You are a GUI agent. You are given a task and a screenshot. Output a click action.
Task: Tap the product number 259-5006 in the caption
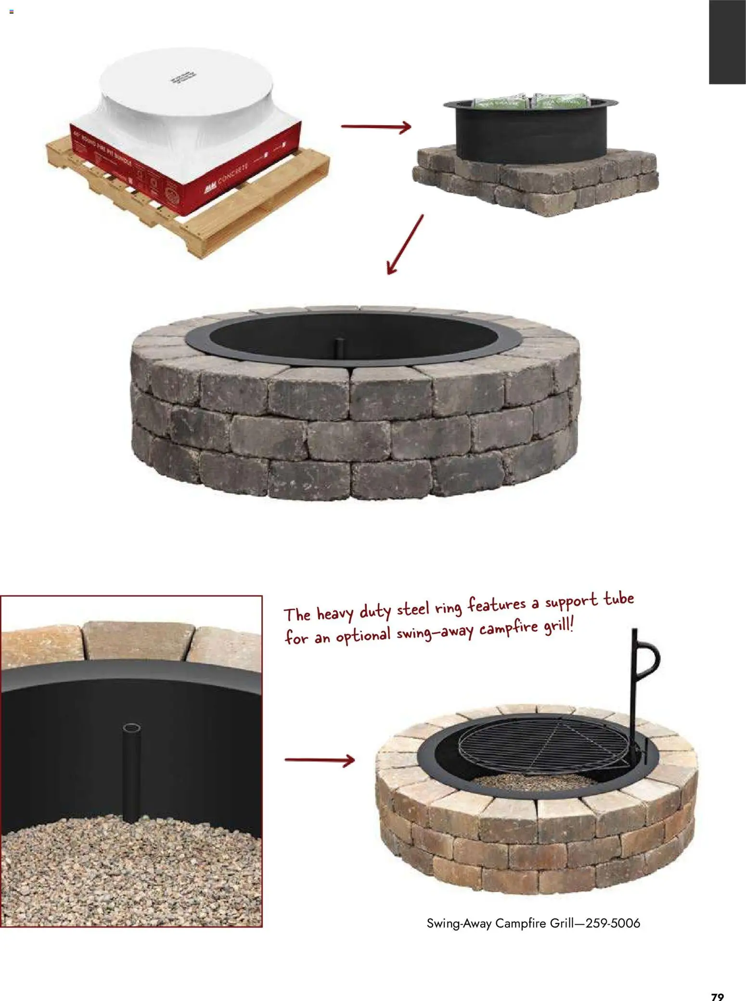[612, 923]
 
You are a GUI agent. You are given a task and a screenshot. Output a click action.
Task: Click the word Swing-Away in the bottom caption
[459, 923]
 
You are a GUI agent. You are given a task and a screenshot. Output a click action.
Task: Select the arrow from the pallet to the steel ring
[376, 127]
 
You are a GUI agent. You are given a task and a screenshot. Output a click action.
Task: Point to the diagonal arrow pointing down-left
[405, 245]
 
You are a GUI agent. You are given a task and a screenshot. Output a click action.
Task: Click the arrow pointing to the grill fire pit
[320, 760]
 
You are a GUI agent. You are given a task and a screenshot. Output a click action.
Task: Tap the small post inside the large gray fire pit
[339, 345]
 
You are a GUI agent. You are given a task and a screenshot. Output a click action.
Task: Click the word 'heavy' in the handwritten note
[336, 614]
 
